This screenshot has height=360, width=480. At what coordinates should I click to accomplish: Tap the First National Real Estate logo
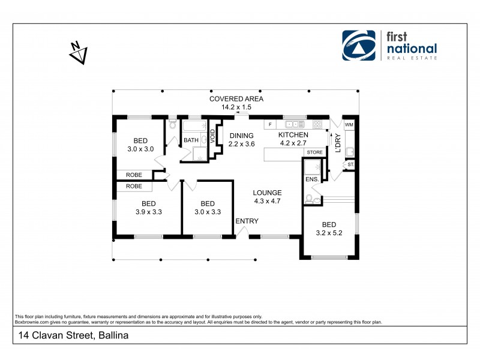tap(389, 46)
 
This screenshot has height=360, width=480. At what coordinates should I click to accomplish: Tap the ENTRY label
tap(247, 221)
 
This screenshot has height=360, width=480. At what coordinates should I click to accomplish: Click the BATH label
tap(191, 140)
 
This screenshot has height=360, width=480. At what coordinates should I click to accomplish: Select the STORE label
tap(314, 152)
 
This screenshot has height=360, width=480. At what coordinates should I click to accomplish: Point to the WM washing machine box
tap(349, 125)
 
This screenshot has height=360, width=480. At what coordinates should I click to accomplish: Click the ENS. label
tap(311, 179)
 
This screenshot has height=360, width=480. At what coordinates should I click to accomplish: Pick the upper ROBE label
tap(134, 175)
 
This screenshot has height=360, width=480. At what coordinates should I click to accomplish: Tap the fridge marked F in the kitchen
tap(271, 125)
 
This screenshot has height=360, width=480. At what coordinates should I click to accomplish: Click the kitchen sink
tap(292, 124)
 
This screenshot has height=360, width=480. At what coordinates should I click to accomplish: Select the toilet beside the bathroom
tap(172, 125)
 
